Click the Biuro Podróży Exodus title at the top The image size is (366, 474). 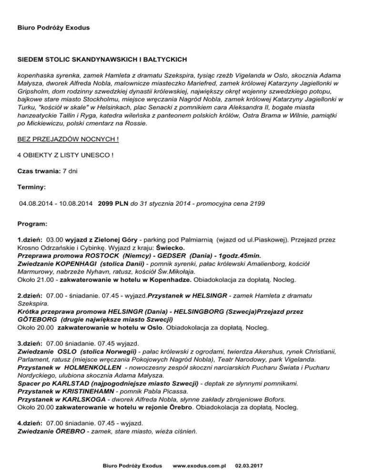53,28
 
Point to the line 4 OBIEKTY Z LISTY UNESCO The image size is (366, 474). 65,155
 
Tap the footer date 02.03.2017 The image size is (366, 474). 252,464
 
